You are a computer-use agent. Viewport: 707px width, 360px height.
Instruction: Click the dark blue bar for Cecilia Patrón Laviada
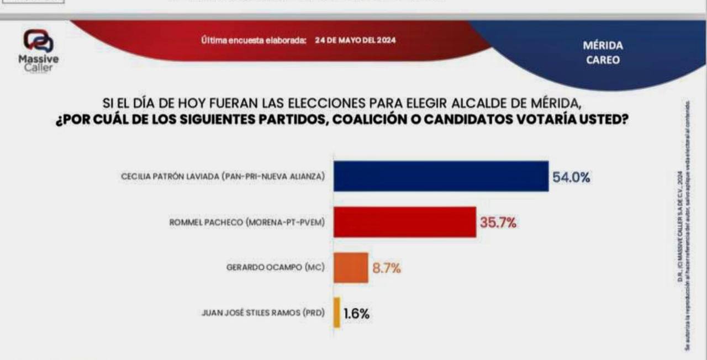pos(441,176)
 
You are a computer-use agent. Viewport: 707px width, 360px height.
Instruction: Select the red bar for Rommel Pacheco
pos(404,222)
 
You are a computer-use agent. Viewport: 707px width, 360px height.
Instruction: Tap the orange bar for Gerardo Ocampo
pos(351,268)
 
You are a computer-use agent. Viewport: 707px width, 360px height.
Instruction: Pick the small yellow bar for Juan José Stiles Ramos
pos(336,313)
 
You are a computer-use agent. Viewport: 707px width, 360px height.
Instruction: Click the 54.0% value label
pos(572,177)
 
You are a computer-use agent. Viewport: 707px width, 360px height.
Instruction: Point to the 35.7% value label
pos(498,223)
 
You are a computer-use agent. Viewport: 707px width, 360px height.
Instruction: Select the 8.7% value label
pos(386,269)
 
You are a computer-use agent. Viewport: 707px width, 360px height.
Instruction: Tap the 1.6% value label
pos(356,314)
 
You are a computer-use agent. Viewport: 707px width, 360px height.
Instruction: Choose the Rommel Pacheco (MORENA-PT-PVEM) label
pos(246,222)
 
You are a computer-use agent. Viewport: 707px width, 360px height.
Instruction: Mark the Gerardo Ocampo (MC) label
pos(276,267)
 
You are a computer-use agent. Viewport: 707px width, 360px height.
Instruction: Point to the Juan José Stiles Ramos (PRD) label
pos(262,313)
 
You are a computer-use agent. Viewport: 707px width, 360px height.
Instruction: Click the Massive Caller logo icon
pos(38,41)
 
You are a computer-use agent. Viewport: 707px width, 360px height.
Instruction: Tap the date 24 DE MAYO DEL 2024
pos(355,40)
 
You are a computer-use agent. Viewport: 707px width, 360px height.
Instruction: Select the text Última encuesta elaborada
pos(254,40)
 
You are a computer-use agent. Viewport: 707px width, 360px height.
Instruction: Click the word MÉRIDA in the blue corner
pos(603,46)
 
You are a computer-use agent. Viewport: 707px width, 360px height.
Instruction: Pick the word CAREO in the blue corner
pos(603,60)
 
